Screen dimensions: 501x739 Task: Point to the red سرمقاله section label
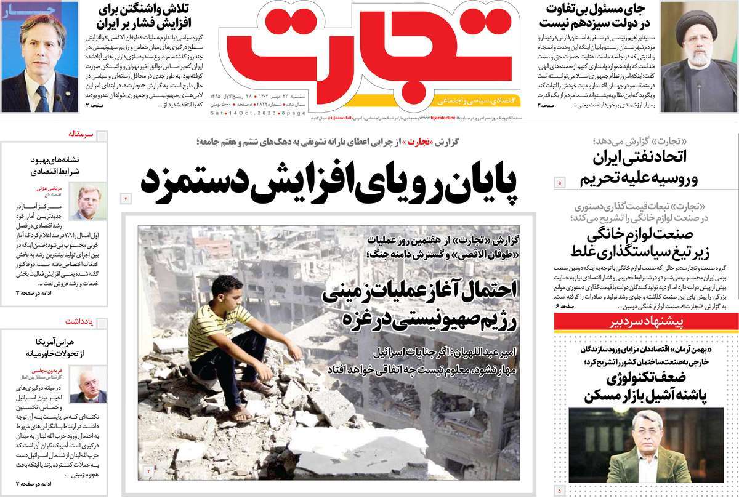(x=81, y=133)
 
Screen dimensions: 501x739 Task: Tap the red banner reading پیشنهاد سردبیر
(x=646, y=323)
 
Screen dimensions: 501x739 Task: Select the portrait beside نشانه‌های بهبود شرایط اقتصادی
(x=89, y=201)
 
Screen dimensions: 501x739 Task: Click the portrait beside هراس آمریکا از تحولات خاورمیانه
(x=89, y=385)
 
